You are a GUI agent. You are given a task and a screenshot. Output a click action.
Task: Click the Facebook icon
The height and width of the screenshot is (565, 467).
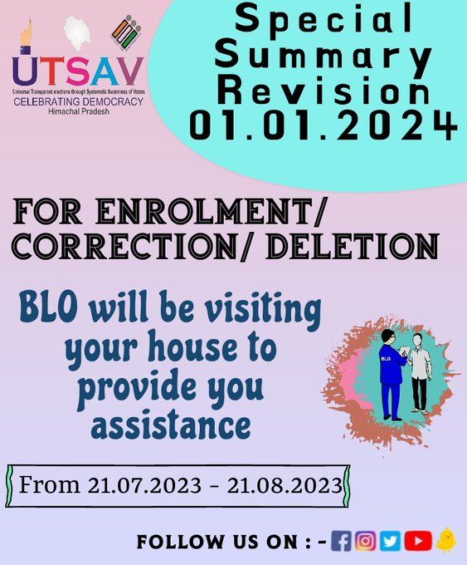point(341,541)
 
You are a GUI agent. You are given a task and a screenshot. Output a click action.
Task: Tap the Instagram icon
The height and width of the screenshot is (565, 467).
point(365,541)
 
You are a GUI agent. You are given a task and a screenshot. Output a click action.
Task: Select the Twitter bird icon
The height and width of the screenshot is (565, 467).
point(390,541)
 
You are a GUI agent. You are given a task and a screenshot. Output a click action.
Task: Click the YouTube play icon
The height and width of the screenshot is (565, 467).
point(418,541)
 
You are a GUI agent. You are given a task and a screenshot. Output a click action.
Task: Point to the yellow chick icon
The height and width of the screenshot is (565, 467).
point(446,540)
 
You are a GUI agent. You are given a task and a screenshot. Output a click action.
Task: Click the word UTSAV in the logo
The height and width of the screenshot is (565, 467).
point(78,71)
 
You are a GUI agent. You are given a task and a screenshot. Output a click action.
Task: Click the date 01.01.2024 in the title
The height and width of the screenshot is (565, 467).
point(323,125)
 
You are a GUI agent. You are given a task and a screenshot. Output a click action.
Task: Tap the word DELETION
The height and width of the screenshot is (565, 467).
point(352,247)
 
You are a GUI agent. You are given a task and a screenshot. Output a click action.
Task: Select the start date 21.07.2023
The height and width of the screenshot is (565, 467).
point(144,485)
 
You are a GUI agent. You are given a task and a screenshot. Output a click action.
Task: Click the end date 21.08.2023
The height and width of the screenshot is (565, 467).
point(285,485)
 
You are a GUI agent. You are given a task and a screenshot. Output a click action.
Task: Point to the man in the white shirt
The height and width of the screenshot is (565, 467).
point(420,375)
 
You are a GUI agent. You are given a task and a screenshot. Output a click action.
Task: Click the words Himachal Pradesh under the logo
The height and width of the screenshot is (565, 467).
point(79,111)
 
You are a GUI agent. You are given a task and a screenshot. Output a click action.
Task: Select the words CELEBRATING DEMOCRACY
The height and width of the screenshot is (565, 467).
point(79,101)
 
